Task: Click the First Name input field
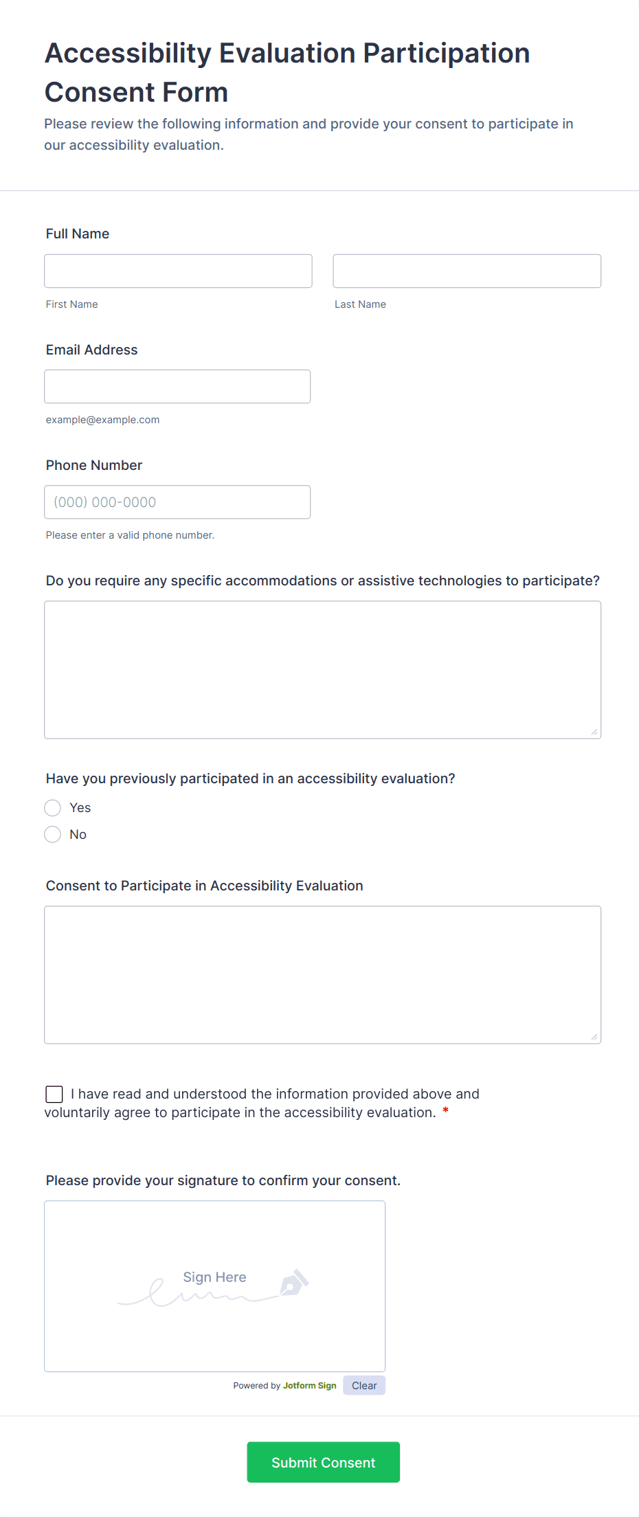[178, 271]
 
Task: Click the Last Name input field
[467, 271]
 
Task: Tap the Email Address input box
[177, 387]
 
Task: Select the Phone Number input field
[177, 502]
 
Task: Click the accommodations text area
[322, 670]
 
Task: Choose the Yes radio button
[53, 808]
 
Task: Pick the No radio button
[53, 835]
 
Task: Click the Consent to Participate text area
[322, 975]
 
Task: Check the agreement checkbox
[54, 1094]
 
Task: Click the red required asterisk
[446, 1111]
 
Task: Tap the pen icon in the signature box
[294, 1283]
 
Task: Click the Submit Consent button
[323, 1462]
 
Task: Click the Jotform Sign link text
[309, 1386]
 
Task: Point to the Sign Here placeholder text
[214, 1277]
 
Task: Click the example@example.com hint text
[102, 420]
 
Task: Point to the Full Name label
[78, 234]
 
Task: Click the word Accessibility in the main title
[128, 54]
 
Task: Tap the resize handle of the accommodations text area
[594, 732]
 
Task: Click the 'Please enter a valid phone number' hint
[130, 535]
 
